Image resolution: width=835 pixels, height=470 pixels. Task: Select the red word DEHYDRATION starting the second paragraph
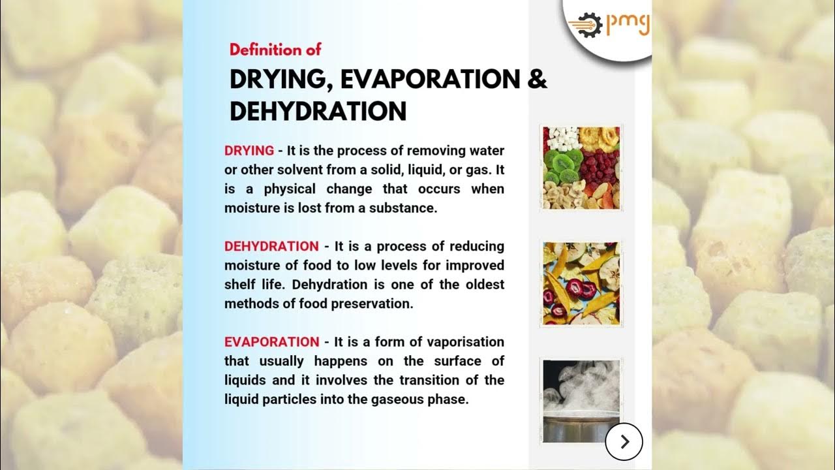[x=271, y=247]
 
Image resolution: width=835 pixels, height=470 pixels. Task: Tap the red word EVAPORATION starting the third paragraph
[x=271, y=342]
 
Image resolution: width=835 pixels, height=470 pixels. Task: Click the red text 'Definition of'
[x=275, y=50]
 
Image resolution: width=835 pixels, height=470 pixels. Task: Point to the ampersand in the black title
[x=537, y=79]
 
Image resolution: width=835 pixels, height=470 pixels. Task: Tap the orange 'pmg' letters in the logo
[x=628, y=23]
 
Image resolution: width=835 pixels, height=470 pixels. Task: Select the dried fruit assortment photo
[x=581, y=168]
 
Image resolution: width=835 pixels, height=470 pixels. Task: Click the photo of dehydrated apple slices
[x=581, y=283]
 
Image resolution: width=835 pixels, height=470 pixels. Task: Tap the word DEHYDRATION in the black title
[x=318, y=112]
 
